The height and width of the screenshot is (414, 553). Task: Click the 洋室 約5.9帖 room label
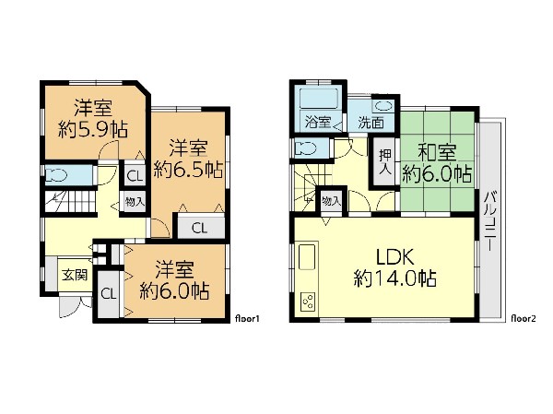tap(93, 119)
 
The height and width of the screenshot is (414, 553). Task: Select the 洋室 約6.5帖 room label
tap(188, 159)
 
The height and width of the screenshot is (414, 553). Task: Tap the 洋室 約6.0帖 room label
tap(174, 280)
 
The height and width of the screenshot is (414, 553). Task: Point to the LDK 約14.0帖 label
tap(395, 267)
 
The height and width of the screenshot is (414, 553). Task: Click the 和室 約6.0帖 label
tap(437, 163)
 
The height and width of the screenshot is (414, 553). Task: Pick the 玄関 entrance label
tap(75, 275)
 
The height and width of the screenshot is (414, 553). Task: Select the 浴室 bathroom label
tap(318, 122)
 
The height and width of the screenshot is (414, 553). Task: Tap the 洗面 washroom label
tap(371, 123)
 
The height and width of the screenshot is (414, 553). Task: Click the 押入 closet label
tap(385, 162)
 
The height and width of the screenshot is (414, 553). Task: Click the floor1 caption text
tap(247, 319)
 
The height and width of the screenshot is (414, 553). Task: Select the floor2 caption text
tap(524, 319)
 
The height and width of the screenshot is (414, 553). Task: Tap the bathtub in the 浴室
tap(319, 99)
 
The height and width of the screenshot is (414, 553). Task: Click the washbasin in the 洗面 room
tap(382, 105)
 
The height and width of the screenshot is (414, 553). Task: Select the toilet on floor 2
tap(306, 148)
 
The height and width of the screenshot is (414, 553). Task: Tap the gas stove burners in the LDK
tap(309, 302)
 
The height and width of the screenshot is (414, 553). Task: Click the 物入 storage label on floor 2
tap(331, 202)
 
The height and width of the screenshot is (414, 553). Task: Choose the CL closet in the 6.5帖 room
tap(199, 228)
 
